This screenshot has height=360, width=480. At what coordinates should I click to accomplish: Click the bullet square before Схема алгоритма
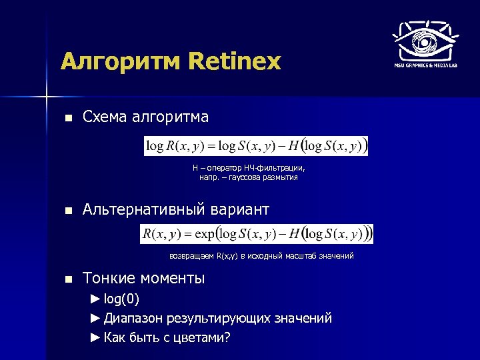point(67,118)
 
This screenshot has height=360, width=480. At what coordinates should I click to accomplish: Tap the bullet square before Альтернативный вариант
point(67,211)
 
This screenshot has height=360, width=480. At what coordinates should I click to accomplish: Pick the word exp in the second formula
point(205,234)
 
